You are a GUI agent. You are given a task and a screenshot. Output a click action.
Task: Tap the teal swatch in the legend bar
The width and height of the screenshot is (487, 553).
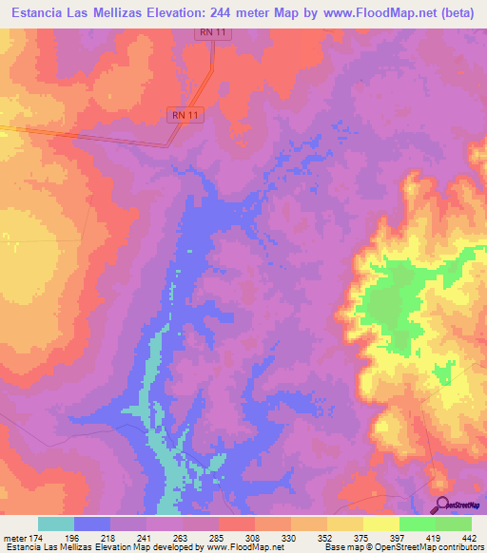click(x=56, y=524)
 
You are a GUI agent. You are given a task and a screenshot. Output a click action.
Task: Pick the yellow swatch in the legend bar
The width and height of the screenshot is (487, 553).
click(x=380, y=524)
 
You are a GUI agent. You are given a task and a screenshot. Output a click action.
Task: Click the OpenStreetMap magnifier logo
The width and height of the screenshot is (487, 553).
click(x=441, y=505)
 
